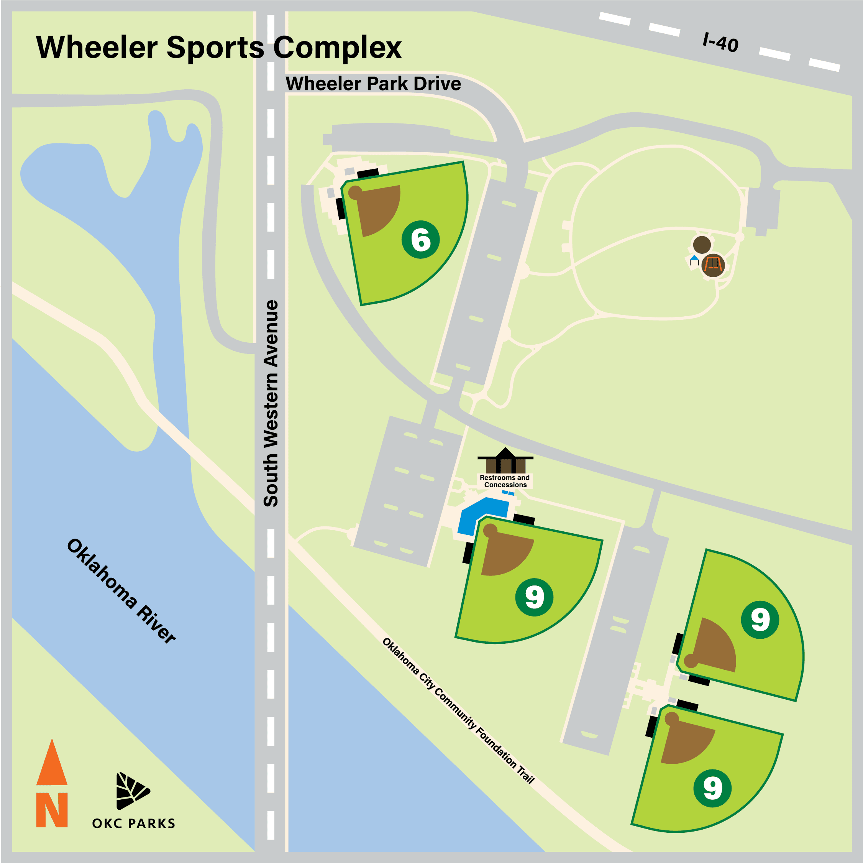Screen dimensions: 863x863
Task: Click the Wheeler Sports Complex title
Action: pos(218,48)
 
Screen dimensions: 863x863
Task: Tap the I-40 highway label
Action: pos(720,43)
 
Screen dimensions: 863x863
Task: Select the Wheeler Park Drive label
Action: pos(373,84)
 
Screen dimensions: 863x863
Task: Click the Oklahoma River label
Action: pos(121,591)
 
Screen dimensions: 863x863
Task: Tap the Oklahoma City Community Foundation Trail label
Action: pos(458,710)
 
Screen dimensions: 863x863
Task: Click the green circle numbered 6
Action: pos(420,240)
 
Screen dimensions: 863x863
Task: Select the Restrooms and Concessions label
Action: pos(505,481)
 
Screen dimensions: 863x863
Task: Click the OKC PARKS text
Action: pos(133,823)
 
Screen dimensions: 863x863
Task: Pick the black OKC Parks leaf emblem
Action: pos(132,791)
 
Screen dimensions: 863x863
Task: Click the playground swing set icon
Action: pos(712,265)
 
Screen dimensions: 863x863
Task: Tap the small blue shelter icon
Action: pos(694,260)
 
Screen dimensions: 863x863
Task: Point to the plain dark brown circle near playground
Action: pos(702,245)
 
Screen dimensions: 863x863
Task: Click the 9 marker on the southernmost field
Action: pos(712,789)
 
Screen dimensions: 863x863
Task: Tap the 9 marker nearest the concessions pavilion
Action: pos(534,597)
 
